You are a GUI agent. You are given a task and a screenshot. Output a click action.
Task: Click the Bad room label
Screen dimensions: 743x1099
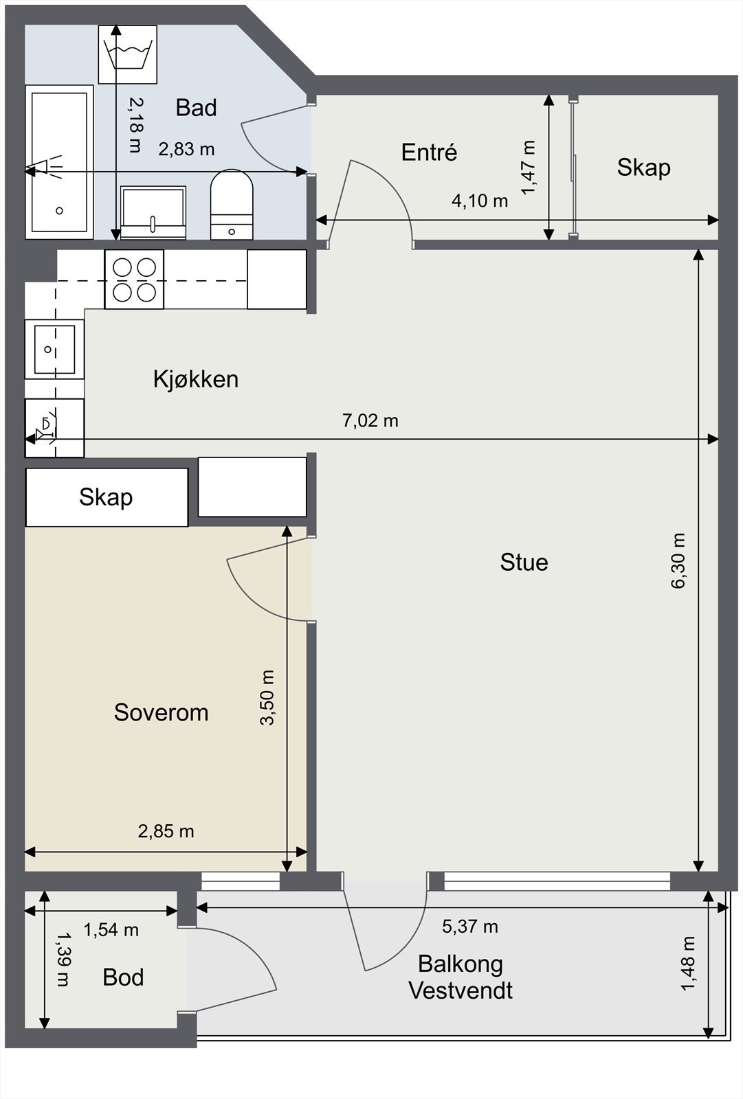click(196, 108)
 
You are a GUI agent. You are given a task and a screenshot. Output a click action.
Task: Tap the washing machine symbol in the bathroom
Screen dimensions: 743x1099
click(128, 54)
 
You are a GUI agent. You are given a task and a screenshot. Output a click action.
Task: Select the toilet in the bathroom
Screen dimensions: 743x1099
click(232, 205)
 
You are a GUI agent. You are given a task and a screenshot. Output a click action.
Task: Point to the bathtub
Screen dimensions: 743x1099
click(59, 162)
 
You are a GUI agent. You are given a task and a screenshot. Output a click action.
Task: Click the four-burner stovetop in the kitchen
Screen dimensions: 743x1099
click(134, 280)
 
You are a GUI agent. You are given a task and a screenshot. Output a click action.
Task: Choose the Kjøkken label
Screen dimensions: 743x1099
click(195, 379)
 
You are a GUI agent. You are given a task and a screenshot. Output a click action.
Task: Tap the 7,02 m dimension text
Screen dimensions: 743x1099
click(370, 420)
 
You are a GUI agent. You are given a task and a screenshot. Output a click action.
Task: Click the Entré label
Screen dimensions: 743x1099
click(429, 152)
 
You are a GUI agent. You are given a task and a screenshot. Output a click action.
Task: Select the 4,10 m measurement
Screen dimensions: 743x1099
click(480, 201)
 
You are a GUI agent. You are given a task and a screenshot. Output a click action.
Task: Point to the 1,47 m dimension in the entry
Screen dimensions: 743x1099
click(529, 168)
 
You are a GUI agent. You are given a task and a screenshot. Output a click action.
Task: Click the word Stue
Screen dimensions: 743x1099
click(524, 563)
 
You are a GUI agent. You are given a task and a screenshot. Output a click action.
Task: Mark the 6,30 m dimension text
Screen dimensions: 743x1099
click(678, 560)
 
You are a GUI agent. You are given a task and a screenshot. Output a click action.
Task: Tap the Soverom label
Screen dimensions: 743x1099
click(161, 712)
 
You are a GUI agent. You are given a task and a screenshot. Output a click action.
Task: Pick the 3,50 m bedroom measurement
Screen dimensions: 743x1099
click(267, 698)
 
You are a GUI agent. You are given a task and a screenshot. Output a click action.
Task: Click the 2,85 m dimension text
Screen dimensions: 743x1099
click(166, 831)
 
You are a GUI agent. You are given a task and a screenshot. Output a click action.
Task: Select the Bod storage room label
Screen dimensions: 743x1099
click(123, 977)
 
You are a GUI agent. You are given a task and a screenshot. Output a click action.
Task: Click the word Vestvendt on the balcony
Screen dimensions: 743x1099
click(461, 990)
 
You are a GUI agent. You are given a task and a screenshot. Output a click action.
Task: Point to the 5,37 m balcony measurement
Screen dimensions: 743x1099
click(470, 927)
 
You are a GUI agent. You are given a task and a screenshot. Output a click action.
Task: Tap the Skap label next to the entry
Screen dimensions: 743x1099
click(644, 168)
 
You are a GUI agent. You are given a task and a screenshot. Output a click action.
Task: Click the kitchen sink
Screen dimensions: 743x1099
click(54, 349)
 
